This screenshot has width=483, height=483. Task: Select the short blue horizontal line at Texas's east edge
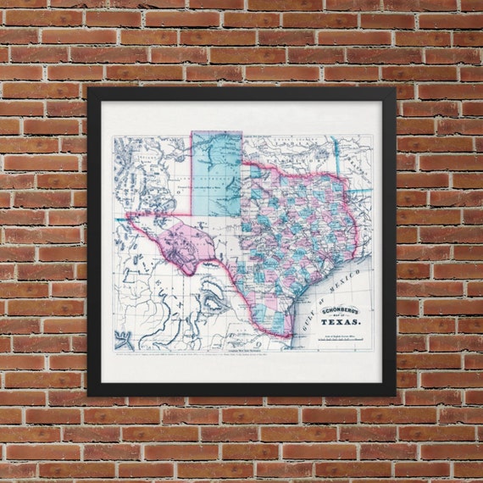(360, 191)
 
